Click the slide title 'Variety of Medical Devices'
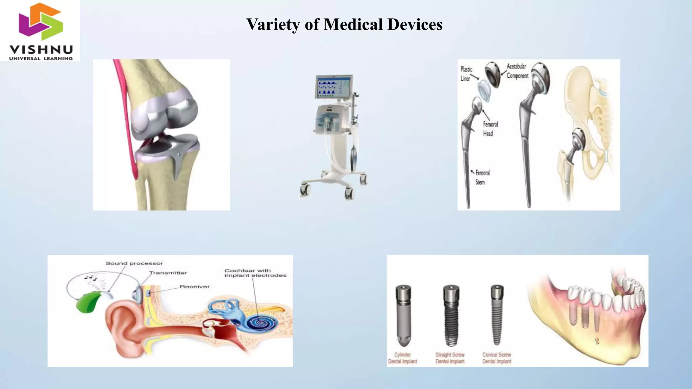(x=344, y=24)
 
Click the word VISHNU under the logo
(x=41, y=50)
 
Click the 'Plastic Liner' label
(x=466, y=74)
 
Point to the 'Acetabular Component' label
(x=517, y=71)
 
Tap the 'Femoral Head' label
(x=490, y=129)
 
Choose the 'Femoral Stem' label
(x=482, y=177)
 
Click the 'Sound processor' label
(x=134, y=263)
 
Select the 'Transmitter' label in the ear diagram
(x=168, y=273)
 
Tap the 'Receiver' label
(x=195, y=287)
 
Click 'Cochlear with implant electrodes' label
(x=255, y=273)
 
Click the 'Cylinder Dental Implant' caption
(x=402, y=358)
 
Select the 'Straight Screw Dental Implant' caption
(x=450, y=358)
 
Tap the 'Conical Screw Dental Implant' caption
(x=497, y=358)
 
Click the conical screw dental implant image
(x=497, y=314)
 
